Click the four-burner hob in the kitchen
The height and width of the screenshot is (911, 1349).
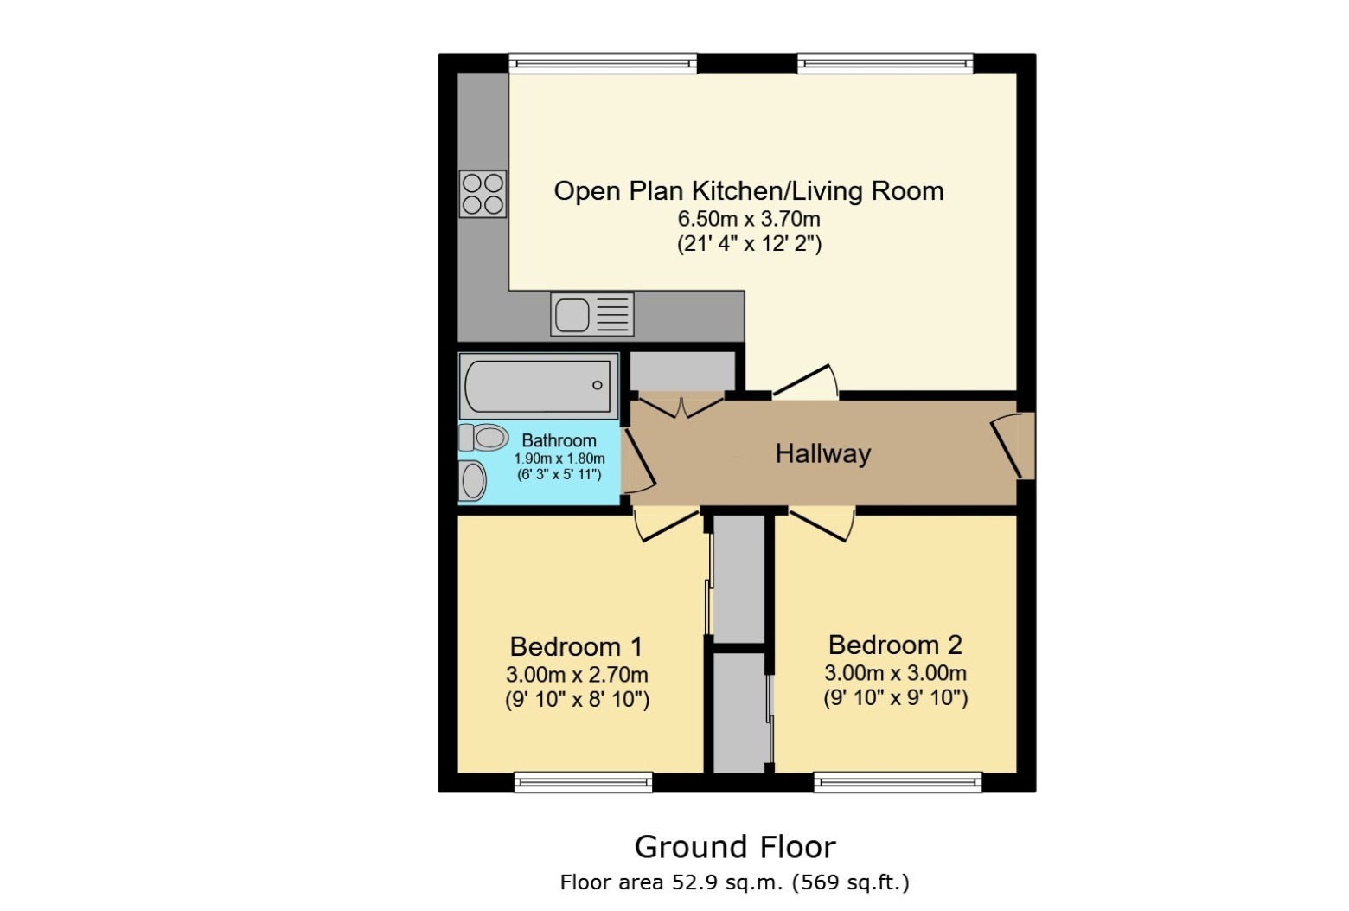[483, 194]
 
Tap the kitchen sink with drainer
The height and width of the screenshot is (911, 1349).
[591, 314]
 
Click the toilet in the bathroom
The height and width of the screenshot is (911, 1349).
[483, 438]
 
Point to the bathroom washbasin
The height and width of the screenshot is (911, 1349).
[472, 480]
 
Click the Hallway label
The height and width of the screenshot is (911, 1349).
[822, 453]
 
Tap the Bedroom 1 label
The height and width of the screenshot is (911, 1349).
[576, 646]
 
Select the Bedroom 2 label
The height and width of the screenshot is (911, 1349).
[895, 645]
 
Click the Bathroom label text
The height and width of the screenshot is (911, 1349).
[559, 440]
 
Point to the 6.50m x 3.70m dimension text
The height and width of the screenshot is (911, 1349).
[749, 219]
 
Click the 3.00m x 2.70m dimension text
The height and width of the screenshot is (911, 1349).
[577, 675]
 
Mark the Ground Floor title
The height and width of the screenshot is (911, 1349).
[735, 846]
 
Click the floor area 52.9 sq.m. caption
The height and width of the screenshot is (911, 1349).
[735, 882]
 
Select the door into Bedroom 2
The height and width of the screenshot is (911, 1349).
[822, 523]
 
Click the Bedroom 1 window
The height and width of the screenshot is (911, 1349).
[583, 782]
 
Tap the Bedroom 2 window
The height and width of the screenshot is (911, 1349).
[898, 782]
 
